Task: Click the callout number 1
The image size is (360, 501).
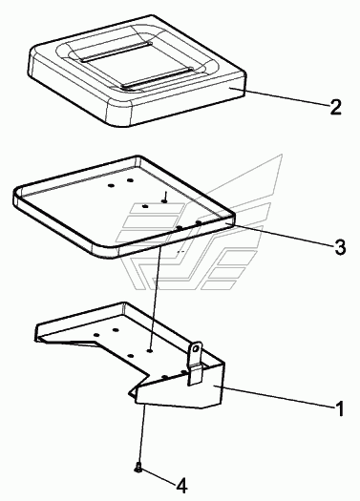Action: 339,408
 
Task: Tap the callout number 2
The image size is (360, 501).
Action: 335,107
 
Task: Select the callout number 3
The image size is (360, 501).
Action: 340,247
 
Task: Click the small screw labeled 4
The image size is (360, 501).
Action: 138,469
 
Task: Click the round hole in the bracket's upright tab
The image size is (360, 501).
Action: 198,347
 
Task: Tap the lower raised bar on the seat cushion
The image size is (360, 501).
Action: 158,77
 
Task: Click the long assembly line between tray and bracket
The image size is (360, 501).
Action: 155,299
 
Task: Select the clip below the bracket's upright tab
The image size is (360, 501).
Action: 196,374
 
